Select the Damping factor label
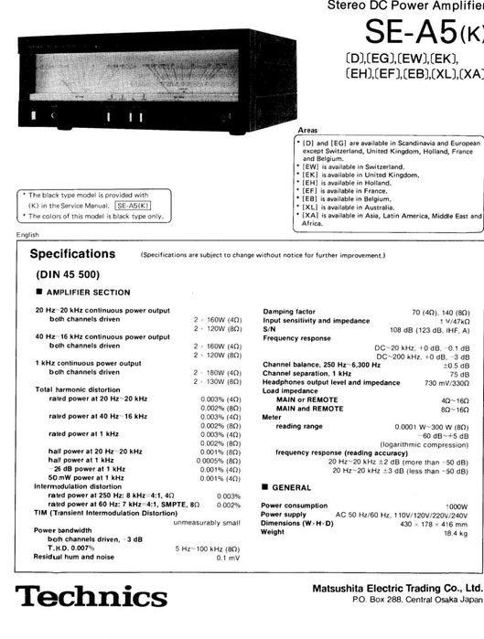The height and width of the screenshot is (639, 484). [x=292, y=313]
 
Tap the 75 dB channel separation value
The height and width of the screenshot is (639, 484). [x=459, y=374]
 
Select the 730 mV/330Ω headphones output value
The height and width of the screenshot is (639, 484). [x=446, y=382]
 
